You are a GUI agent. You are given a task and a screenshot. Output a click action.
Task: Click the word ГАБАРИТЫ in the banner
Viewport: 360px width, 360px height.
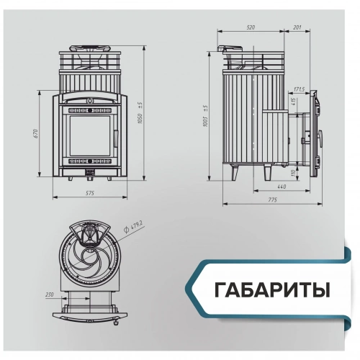[x=272, y=291]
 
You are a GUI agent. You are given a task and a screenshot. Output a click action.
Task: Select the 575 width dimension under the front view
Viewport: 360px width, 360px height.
[x=89, y=194]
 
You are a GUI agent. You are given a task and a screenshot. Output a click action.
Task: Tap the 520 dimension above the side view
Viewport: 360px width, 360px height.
[x=251, y=27]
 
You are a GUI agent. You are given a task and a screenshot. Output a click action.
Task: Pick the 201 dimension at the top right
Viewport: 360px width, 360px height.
[x=297, y=27]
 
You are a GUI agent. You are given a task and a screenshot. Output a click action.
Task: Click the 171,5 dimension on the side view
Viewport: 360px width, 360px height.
[x=300, y=89]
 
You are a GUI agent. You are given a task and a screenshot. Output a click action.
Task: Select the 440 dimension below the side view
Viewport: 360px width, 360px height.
[x=281, y=187]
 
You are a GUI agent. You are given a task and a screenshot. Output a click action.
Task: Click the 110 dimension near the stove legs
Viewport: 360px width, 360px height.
[x=293, y=172]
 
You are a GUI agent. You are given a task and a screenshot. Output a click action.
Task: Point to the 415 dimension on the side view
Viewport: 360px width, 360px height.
[x=293, y=103]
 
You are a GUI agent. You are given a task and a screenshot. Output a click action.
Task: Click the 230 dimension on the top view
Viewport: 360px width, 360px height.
[x=49, y=295]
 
